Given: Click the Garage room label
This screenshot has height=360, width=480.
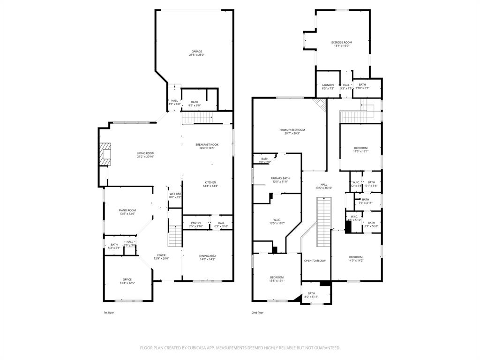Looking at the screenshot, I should click(x=196, y=53).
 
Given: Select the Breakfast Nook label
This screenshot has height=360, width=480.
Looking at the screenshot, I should click(x=207, y=146).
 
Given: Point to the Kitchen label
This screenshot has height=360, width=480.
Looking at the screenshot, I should click(x=210, y=184).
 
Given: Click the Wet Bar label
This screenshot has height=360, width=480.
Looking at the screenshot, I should click(x=175, y=195).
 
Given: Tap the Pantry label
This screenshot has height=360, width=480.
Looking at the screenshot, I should click(x=195, y=225).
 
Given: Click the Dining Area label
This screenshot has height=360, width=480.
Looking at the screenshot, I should click(x=208, y=257).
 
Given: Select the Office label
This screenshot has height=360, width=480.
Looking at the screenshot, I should click(x=127, y=281).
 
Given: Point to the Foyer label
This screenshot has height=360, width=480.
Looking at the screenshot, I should click(x=161, y=256).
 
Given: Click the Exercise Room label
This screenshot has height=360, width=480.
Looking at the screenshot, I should click(x=341, y=44).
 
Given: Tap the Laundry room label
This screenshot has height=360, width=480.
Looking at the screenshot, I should click(x=328, y=86).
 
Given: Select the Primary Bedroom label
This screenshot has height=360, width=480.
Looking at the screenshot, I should click(x=292, y=131).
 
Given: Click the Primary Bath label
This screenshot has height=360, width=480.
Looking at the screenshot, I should click(x=280, y=180).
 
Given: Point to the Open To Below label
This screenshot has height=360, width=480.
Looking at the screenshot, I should click(x=315, y=261).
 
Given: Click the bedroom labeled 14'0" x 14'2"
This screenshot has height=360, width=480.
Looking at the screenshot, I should click(x=355, y=258).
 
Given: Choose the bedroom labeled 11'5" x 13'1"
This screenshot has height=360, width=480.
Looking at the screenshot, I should click(x=360, y=149).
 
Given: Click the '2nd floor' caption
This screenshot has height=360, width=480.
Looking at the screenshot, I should click(x=258, y=313).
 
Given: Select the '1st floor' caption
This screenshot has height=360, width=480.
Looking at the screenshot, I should click(x=108, y=313).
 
